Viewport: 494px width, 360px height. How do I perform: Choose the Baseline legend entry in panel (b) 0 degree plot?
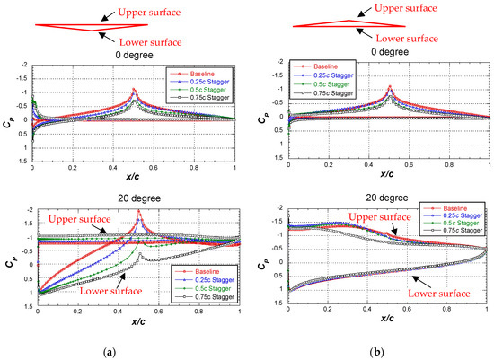point(327,66)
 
